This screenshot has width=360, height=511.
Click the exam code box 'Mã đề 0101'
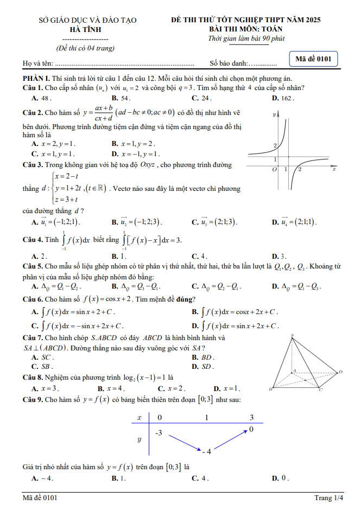coord(314,59)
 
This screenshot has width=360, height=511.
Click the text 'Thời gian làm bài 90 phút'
coord(247,39)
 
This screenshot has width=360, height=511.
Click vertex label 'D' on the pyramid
coord(340,372)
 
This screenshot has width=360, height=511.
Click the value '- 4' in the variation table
coord(206,451)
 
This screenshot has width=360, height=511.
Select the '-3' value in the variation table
coord(158,433)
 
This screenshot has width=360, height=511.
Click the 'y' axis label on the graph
coord(275,114)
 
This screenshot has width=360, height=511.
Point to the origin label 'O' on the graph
coord(275,170)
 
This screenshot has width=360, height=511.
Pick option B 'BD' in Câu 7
coord(203,357)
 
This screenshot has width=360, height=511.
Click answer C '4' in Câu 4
coord(199,256)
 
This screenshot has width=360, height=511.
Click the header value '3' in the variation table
coord(251,417)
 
